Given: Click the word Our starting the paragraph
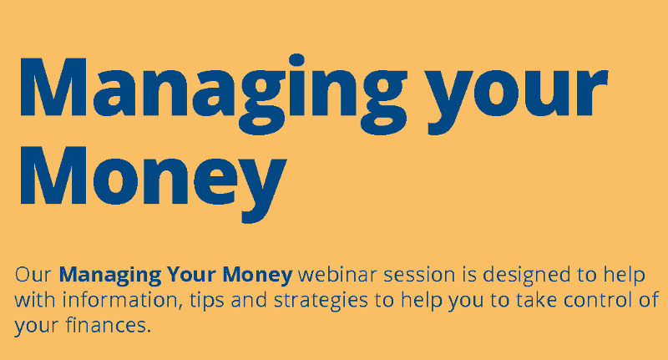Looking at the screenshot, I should pos(34,274).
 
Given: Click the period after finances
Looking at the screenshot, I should pos(149,331).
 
